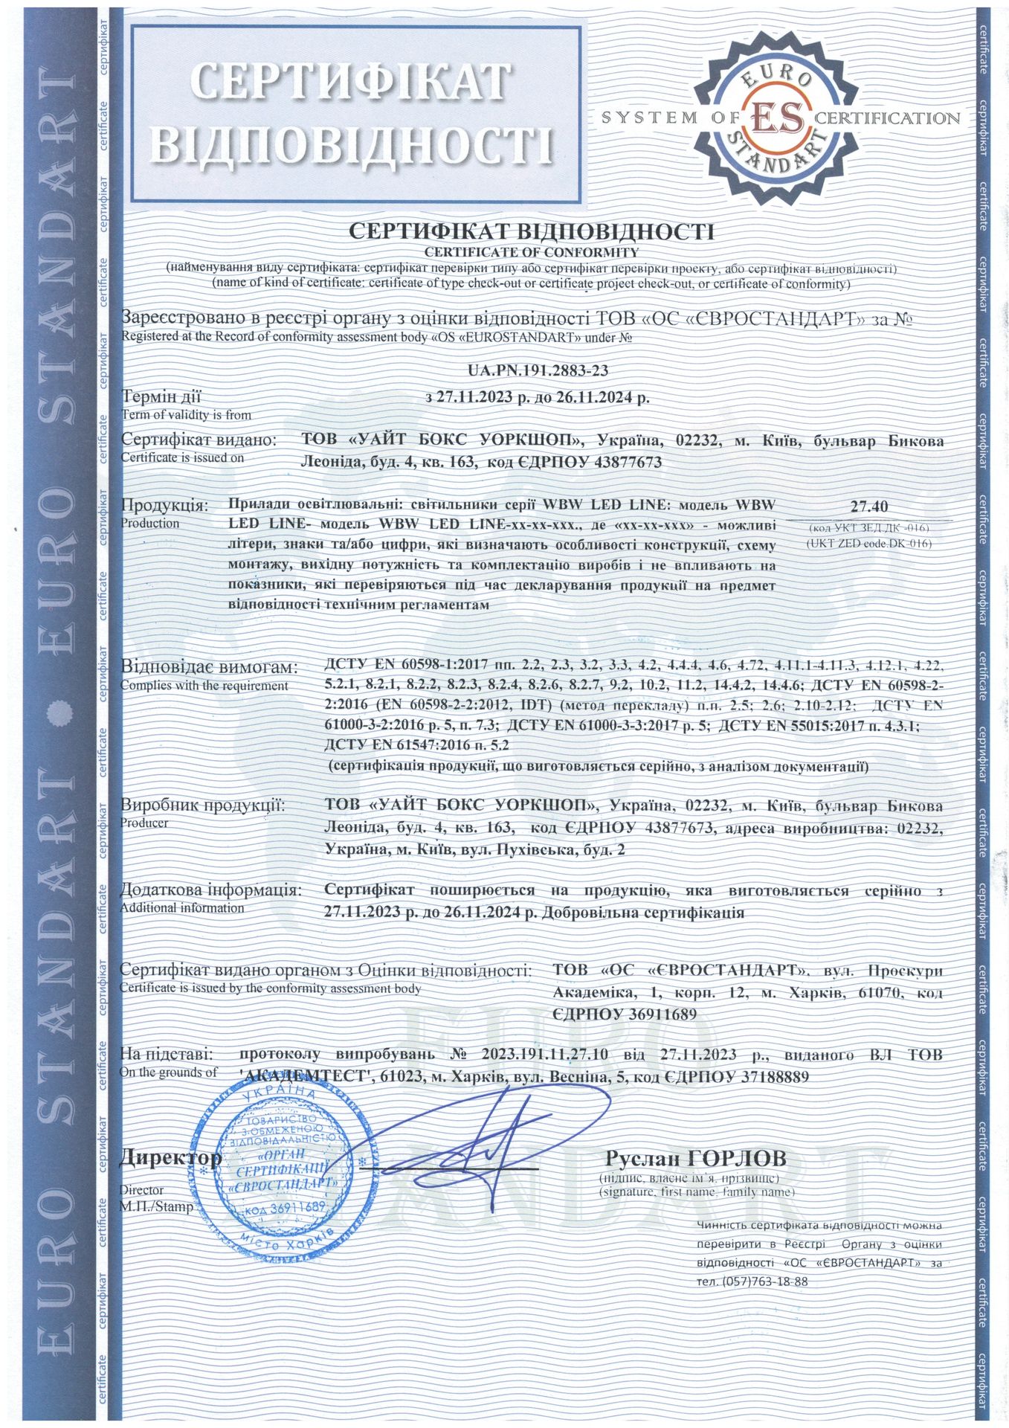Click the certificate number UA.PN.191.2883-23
[532, 370]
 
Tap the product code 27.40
[869, 507]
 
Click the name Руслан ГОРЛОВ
[695, 1159]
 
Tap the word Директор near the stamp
[170, 1158]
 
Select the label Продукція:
[165, 506]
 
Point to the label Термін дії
[161, 397]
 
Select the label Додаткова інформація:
[211, 891]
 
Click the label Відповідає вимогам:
[209, 666]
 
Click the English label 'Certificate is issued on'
[182, 458]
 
